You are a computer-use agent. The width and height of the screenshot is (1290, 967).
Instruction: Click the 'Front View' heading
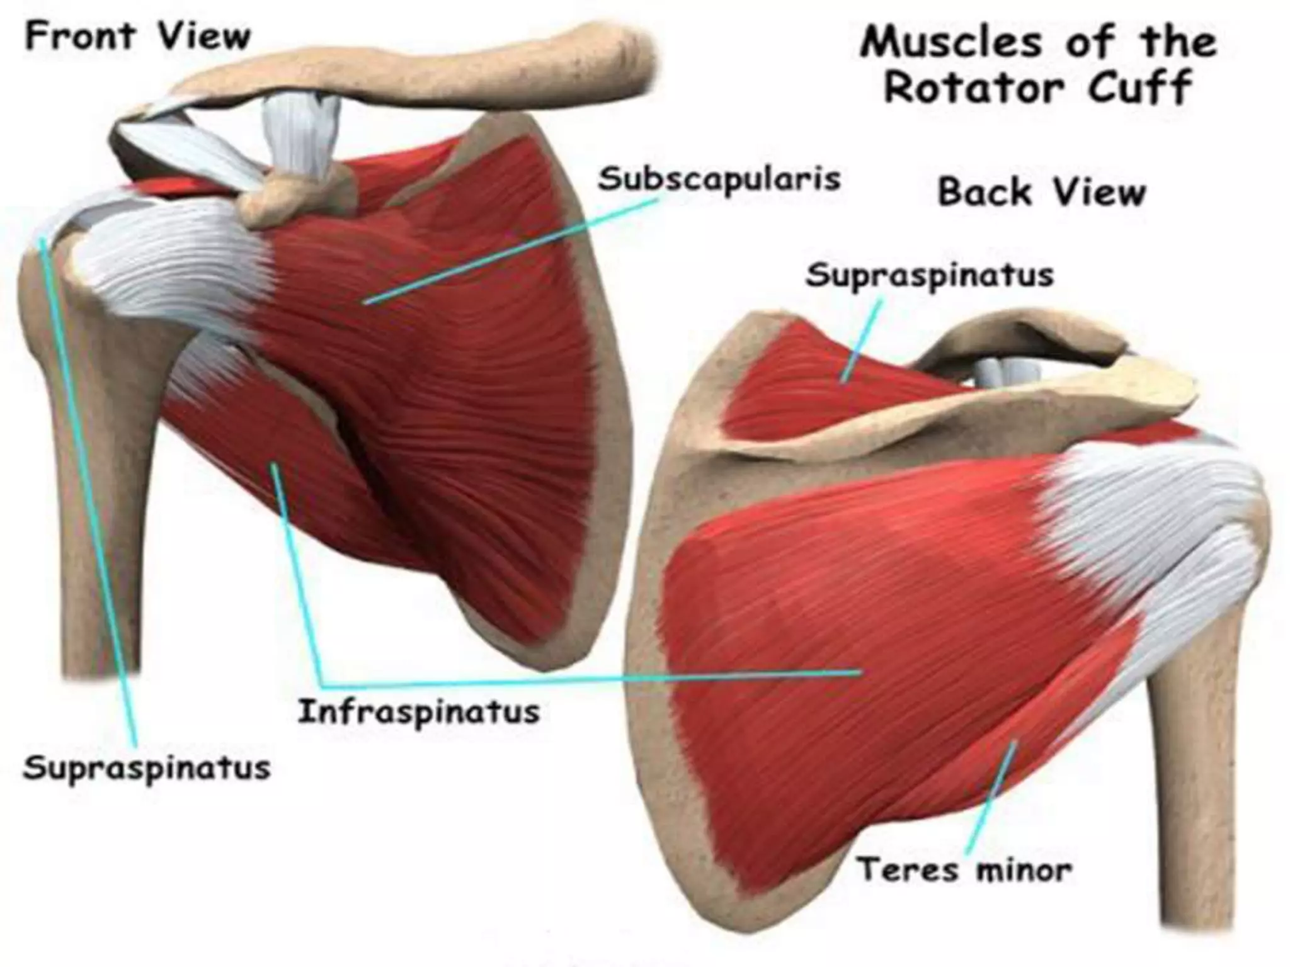tap(137, 37)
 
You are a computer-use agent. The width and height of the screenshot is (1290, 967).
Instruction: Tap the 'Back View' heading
tap(1041, 191)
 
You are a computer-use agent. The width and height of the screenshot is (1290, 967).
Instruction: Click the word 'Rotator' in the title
tap(974, 88)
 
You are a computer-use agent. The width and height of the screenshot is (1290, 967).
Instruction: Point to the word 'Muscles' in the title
tap(950, 43)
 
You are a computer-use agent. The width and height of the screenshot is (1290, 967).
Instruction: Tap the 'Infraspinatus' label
tap(419, 712)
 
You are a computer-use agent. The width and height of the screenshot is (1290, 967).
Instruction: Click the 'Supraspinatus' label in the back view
tap(930, 275)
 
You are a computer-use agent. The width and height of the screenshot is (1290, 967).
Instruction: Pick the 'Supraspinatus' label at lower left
tap(147, 767)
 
